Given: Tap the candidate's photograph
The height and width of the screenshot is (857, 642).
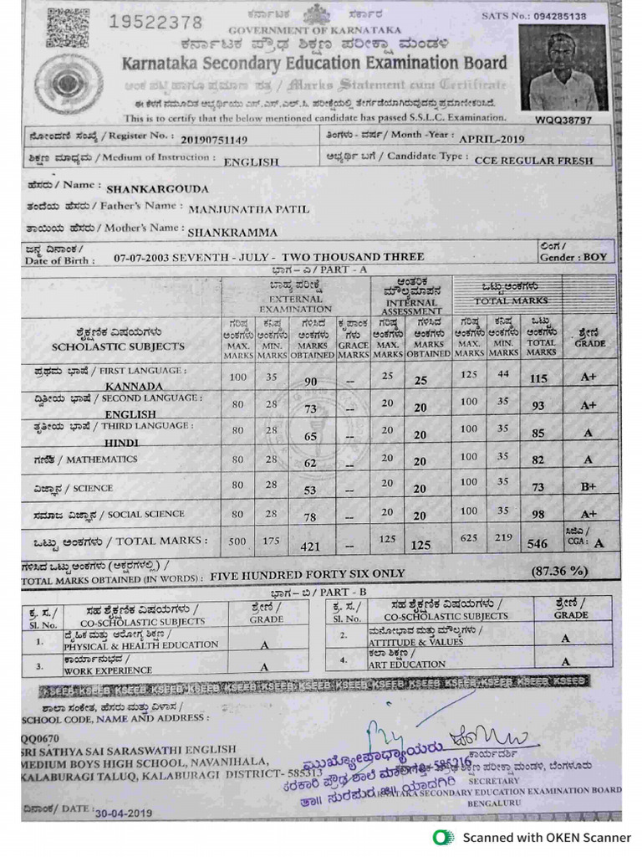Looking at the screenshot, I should click(563, 68).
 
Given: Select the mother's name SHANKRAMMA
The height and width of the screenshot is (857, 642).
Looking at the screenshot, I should click(232, 233).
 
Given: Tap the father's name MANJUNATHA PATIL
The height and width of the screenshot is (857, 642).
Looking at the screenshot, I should click(248, 209).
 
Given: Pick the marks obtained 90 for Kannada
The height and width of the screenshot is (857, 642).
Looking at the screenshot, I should click(310, 382).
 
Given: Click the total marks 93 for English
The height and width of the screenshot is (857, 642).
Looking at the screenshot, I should click(538, 406).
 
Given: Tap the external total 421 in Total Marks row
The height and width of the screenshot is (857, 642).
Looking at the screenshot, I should click(310, 547).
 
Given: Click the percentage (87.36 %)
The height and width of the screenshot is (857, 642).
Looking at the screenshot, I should click(559, 572).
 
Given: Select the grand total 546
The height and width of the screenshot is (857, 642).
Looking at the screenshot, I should click(538, 544).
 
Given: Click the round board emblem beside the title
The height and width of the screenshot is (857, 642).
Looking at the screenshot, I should click(69, 84).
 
